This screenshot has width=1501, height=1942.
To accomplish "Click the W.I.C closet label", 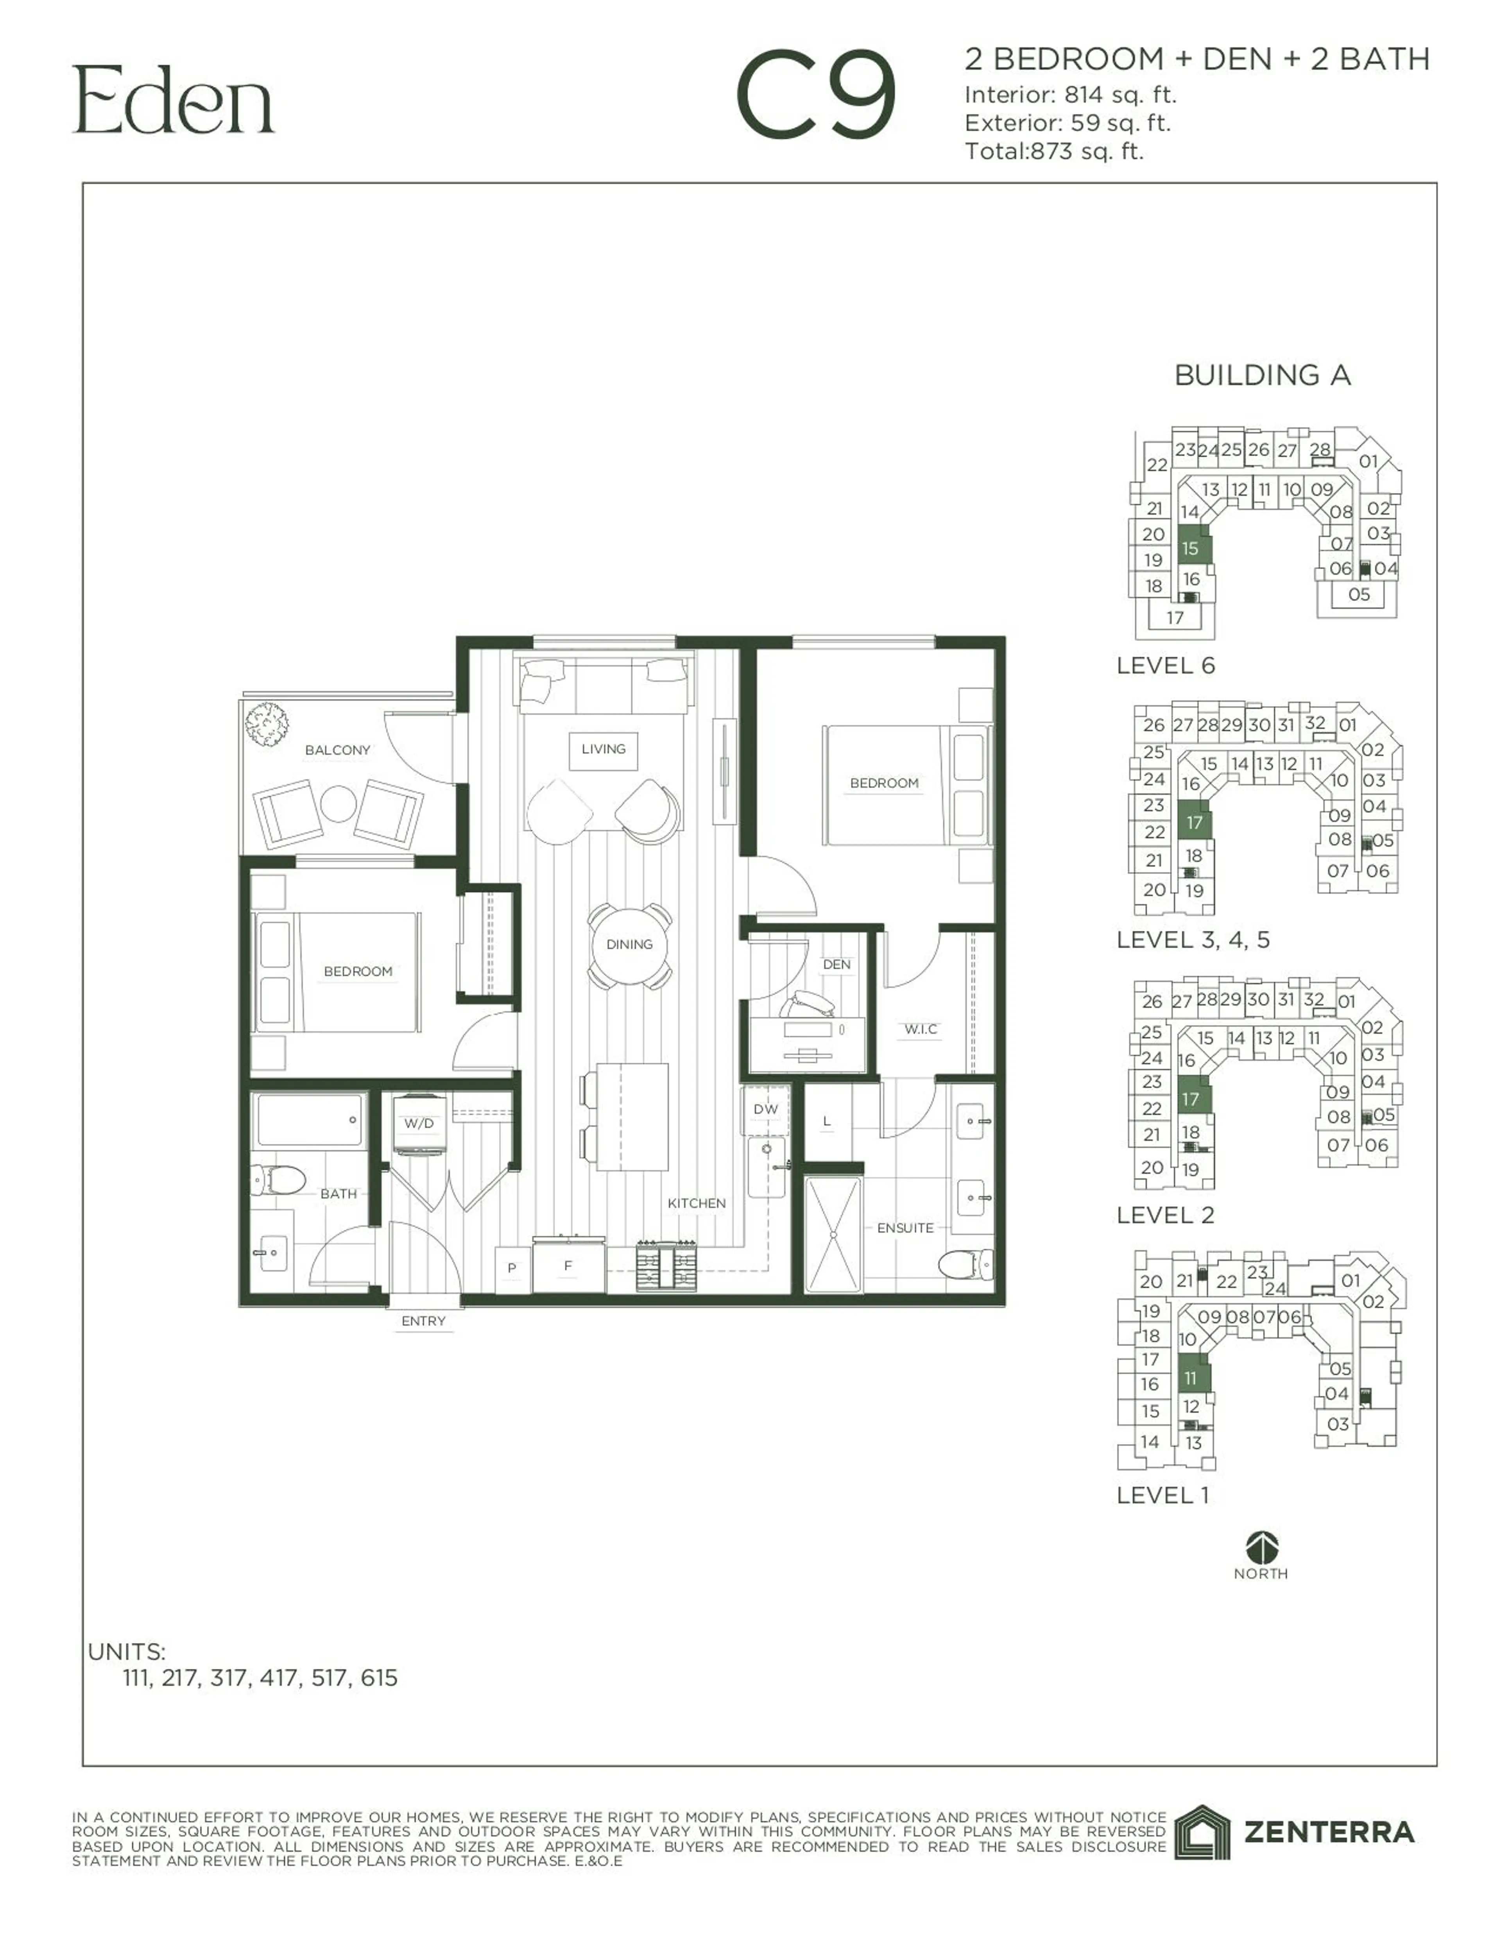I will (921, 1029).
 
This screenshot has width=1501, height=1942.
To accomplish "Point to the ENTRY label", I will (423, 1321).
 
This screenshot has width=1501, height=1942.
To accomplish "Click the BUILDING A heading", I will (1262, 375).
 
